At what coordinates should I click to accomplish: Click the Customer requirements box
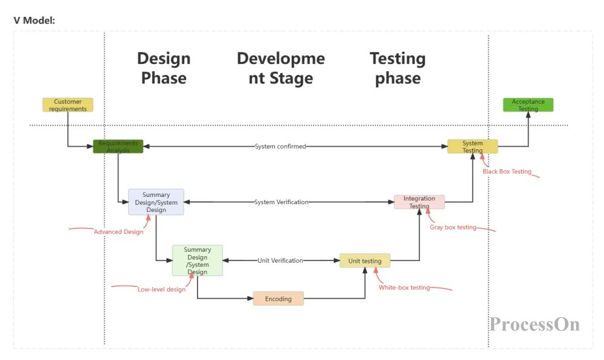point(68,105)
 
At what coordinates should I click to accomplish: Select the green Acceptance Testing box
point(528,105)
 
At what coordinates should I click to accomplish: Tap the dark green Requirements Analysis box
point(118,146)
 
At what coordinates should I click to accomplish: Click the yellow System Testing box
point(472,146)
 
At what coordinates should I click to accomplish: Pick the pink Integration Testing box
point(419,202)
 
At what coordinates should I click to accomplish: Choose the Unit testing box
point(365,261)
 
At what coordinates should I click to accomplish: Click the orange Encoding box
point(278,298)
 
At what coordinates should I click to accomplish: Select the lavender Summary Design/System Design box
point(156,202)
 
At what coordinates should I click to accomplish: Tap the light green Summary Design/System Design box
point(198,260)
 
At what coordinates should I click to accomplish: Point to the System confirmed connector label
point(280,146)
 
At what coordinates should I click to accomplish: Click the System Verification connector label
point(281,202)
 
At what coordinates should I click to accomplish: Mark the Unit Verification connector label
point(280,260)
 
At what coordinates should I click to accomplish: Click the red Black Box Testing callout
point(507,172)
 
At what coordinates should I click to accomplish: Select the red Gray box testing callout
point(453,227)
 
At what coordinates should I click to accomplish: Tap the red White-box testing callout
point(404,288)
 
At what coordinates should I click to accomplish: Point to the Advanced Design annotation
point(118,231)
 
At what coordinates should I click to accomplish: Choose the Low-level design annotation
point(161,289)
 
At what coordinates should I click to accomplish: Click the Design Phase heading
point(164,68)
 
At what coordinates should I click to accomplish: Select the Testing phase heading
point(397,68)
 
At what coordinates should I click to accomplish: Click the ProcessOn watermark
point(535,324)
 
